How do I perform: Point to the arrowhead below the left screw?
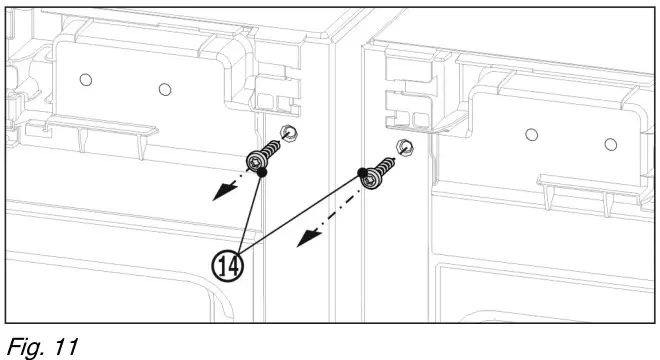[217, 194]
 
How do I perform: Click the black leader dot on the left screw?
[262, 172]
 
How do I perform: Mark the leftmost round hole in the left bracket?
[86, 79]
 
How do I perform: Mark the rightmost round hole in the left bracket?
[165, 88]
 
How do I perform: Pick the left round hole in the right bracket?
[532, 133]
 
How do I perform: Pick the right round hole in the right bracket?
[610, 145]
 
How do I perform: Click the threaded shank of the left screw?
[272, 149]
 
